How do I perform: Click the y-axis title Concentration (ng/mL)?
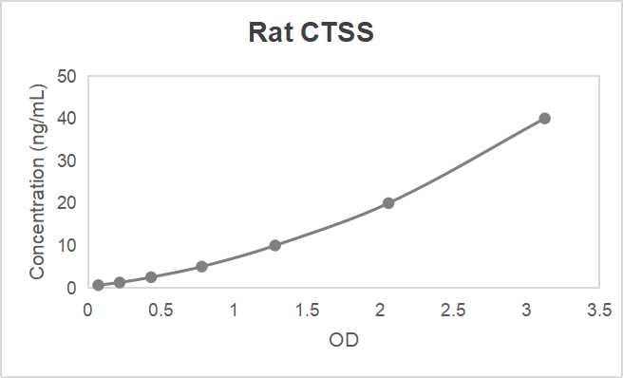(37, 180)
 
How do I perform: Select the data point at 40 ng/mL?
(544, 119)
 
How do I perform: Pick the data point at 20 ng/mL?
(388, 203)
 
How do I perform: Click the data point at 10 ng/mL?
(275, 245)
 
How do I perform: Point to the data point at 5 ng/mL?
(202, 266)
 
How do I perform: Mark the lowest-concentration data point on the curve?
(98, 285)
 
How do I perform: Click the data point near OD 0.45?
(151, 277)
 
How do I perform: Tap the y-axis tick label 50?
(66, 76)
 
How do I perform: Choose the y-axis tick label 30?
(66, 161)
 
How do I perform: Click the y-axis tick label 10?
(66, 245)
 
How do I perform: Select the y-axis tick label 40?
(66, 119)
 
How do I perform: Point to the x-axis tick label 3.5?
(598, 309)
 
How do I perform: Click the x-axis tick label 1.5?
(307, 309)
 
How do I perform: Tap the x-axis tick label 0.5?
(160, 309)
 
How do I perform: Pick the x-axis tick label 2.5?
(452, 309)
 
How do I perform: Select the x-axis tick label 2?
(380, 309)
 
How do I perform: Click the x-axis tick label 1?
(234, 309)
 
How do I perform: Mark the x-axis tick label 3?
(525, 309)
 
